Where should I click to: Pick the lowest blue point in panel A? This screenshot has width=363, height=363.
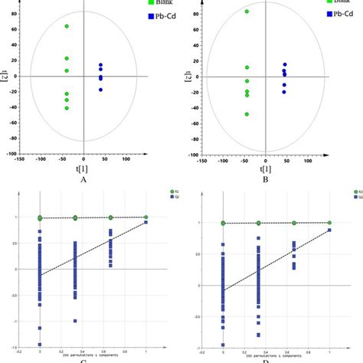(x=100, y=90)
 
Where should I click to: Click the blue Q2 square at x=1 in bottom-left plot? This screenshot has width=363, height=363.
(x=146, y=223)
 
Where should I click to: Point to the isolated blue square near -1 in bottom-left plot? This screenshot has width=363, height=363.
(x=75, y=321)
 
